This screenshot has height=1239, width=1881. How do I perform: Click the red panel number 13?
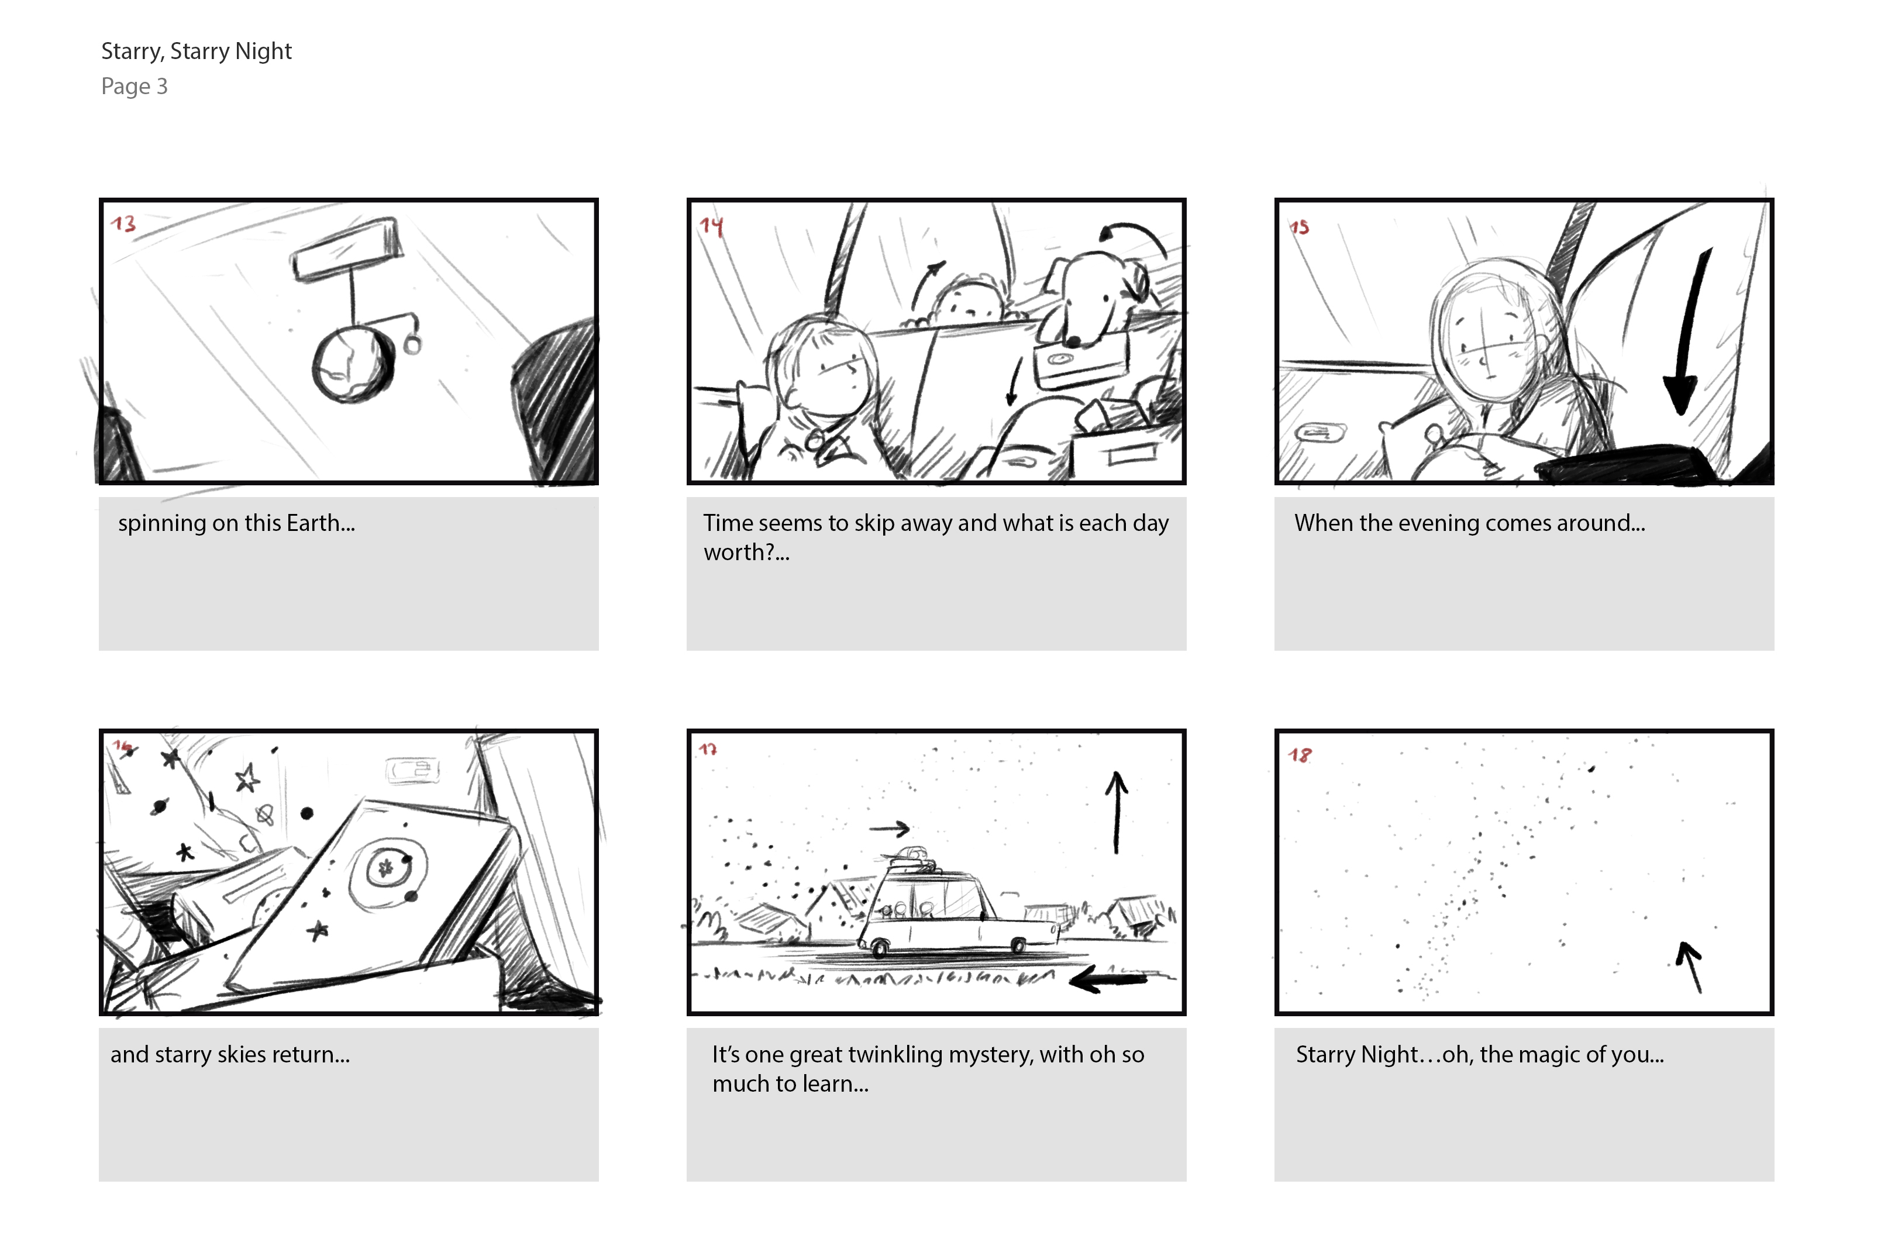click(123, 223)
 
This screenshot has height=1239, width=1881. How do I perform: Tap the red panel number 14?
click(711, 227)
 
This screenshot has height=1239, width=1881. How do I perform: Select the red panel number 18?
click(1300, 755)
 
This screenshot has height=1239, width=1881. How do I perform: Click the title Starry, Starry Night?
click(197, 52)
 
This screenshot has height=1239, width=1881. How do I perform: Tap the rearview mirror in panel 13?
click(346, 248)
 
